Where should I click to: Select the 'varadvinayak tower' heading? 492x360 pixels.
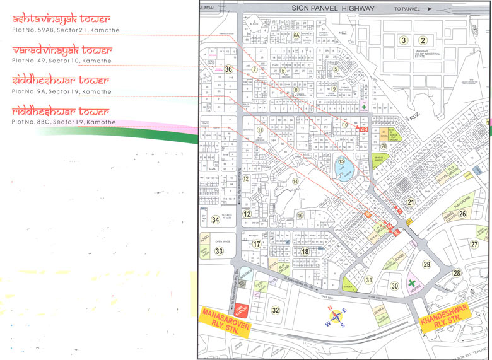click(x=62, y=50)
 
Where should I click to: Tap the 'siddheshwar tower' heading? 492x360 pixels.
click(x=61, y=81)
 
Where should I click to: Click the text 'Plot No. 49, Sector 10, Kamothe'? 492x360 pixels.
click(x=62, y=62)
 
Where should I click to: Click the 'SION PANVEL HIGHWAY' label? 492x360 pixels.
click(x=333, y=8)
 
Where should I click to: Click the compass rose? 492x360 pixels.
click(x=336, y=316)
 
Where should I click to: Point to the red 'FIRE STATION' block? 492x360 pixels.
click(x=240, y=308)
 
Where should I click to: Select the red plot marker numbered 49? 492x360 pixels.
click(x=363, y=129)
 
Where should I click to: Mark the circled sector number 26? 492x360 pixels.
click(x=462, y=214)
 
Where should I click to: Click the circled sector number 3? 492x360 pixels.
click(x=402, y=40)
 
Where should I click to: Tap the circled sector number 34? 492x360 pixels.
click(x=216, y=219)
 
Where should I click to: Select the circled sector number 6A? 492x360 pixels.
click(x=296, y=36)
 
